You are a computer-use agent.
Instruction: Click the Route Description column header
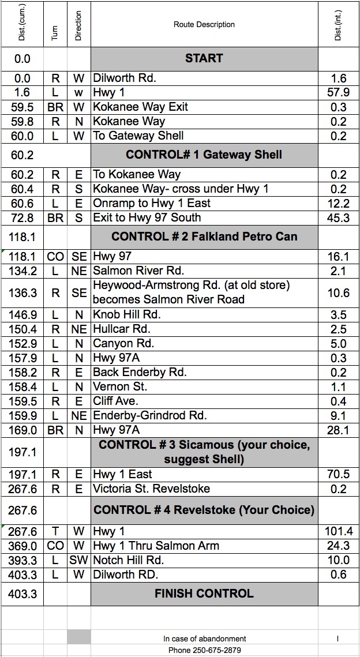[x=204, y=25]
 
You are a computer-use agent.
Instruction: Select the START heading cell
[x=204, y=58]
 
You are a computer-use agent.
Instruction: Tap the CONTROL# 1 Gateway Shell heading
[x=204, y=155]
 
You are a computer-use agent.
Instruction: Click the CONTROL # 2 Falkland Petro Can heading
[x=204, y=236]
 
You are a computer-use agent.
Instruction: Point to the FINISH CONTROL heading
[x=204, y=594]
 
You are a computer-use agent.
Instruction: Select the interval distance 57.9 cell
[x=339, y=92]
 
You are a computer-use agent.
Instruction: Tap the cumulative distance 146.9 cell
[x=24, y=315]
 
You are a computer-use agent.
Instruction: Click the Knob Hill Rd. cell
[x=127, y=315]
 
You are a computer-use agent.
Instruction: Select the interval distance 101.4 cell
[x=339, y=531]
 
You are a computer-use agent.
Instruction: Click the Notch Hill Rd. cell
[x=128, y=560]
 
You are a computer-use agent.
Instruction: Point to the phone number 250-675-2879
[x=204, y=650]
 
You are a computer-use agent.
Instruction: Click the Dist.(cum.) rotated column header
[x=22, y=24]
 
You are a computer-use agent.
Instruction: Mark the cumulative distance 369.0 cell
[x=24, y=546]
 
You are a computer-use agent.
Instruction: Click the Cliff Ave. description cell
[x=116, y=401]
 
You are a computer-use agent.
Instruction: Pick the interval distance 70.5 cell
[x=339, y=474]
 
